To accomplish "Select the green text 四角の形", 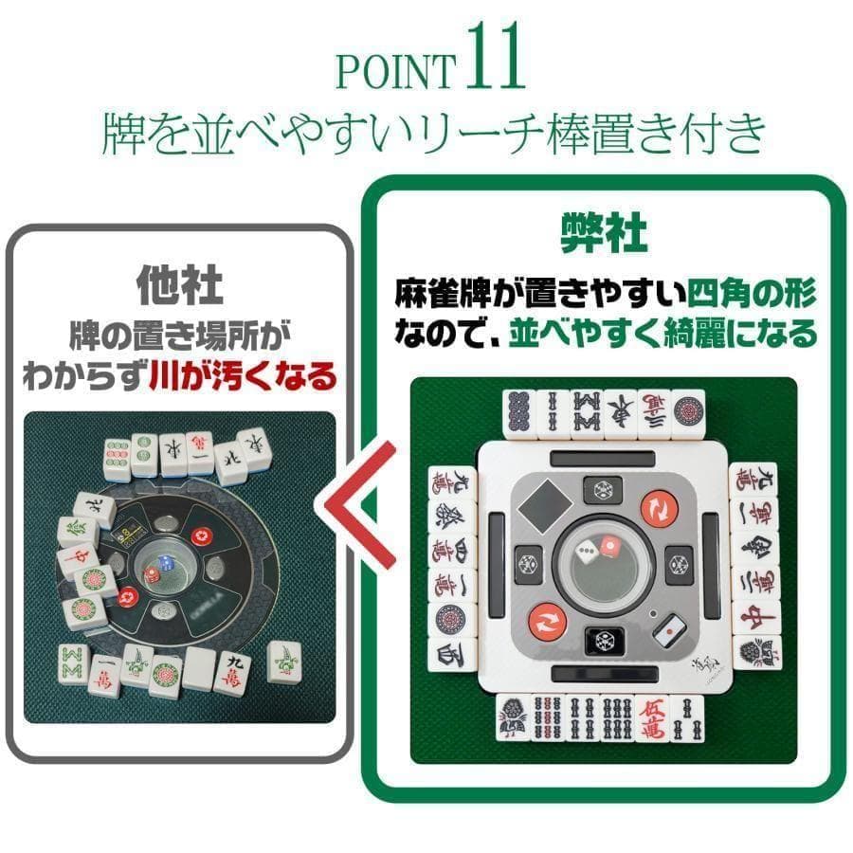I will point(752,292).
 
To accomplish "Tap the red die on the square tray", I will point(611,547).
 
